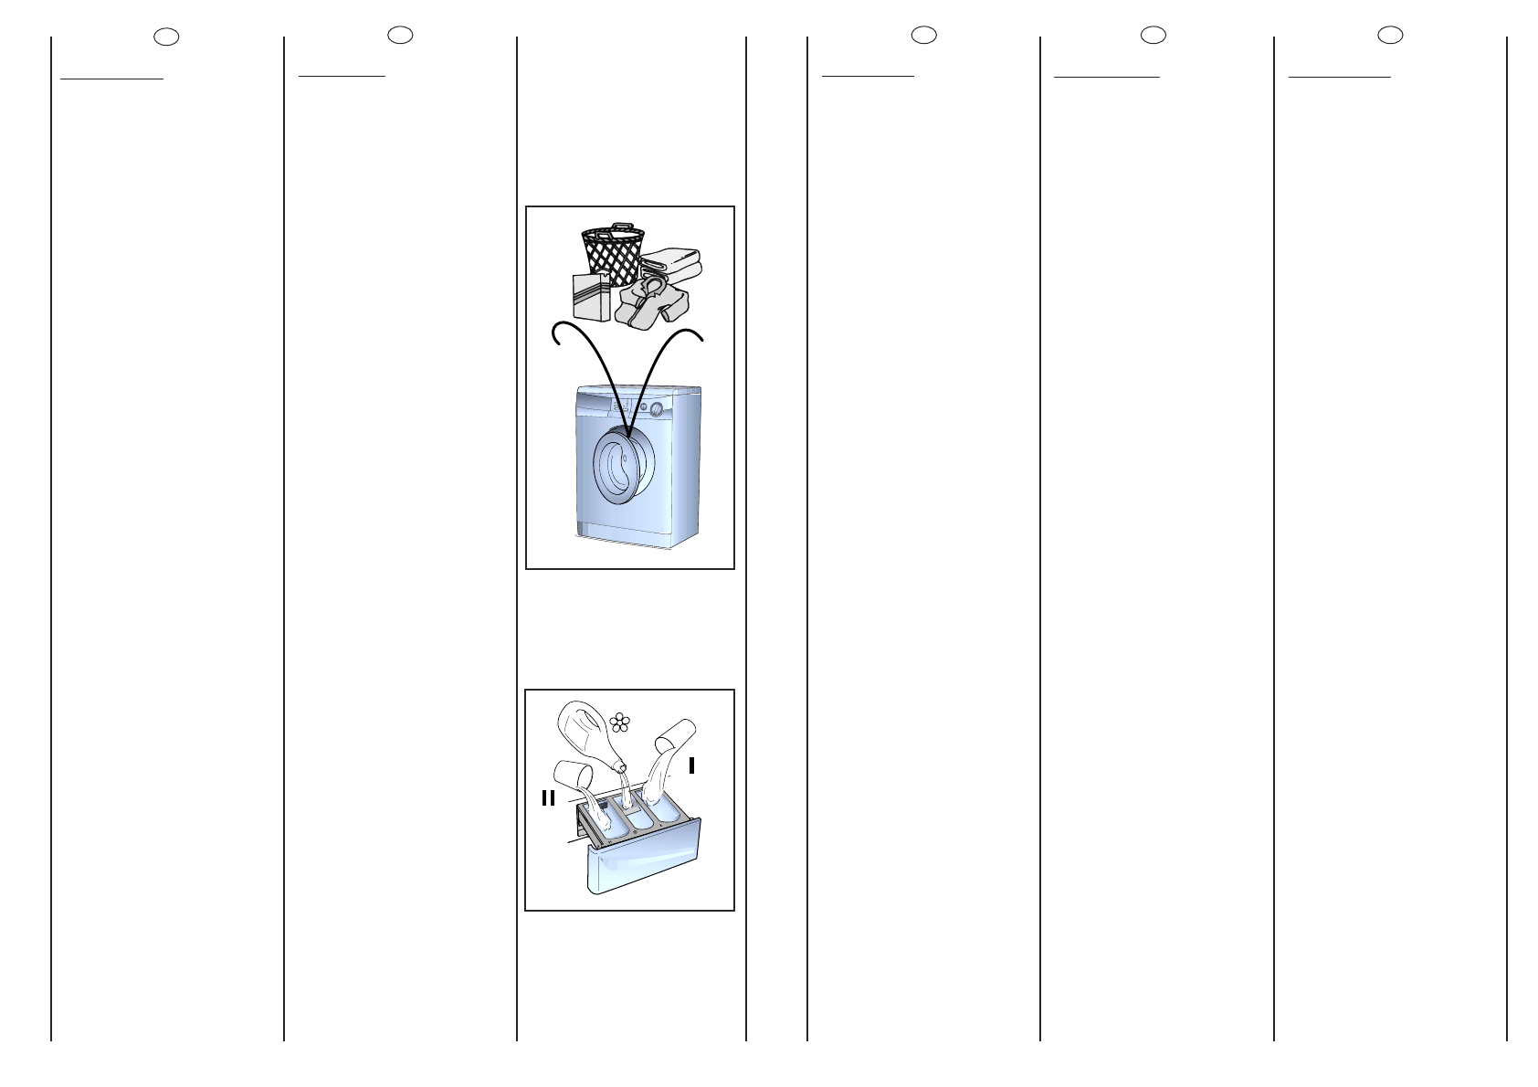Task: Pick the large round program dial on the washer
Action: pos(656,408)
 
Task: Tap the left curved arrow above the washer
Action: pos(584,356)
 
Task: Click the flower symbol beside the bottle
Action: pos(620,723)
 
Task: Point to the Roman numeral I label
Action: pos(691,765)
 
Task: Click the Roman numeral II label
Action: pos(548,798)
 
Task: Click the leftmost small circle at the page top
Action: pos(166,37)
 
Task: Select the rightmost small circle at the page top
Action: pos(1390,35)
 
